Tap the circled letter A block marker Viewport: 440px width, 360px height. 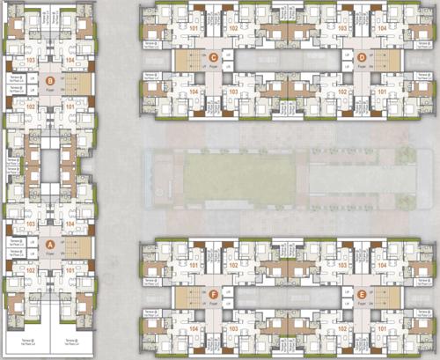[49, 245]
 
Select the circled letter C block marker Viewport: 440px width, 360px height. [213, 58]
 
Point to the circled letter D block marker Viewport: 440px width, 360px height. [363, 58]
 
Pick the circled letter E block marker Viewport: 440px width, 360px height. [363, 295]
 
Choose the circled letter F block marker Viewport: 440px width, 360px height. [213, 295]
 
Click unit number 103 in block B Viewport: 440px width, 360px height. [30, 62]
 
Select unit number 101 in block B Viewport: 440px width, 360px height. [69, 107]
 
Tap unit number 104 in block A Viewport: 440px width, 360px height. [69, 224]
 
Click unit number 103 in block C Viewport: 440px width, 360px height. [234, 91]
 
